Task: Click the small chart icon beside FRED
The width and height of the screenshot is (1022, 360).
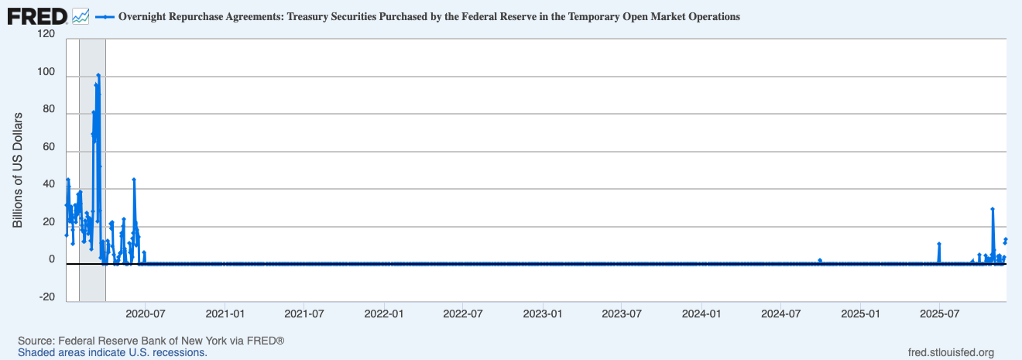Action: click(81, 15)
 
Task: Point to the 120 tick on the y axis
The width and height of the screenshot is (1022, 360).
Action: click(45, 35)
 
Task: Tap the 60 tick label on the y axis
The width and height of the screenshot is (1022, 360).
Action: click(48, 147)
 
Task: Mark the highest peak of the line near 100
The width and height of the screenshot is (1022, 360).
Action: click(98, 75)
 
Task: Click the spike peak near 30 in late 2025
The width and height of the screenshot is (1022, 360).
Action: click(993, 209)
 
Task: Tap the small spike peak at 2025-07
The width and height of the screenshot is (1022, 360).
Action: click(939, 244)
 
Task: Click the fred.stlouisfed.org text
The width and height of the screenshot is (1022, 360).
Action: click(951, 353)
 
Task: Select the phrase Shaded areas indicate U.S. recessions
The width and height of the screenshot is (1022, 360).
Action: click(112, 352)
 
